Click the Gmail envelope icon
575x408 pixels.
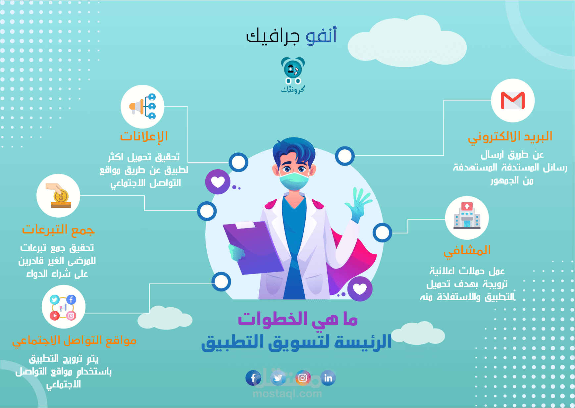pos(513,100)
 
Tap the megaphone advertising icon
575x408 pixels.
pos(142,107)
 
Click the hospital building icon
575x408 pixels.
pos(467,217)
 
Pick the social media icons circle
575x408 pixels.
pos(63,307)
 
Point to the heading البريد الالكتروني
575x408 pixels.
pos(510,136)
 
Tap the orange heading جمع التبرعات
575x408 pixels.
pos(58,229)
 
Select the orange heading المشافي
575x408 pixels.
pos(467,250)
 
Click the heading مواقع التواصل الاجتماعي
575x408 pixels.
pos(74,340)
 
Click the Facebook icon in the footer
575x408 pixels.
pos(253,378)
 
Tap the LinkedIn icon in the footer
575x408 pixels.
pos(328,378)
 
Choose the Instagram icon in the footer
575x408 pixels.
pos(302,378)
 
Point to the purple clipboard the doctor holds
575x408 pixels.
pos(252,247)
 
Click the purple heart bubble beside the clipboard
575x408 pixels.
pos(218,181)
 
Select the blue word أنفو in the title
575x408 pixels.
pos(321,36)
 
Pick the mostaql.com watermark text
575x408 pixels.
pos(287,394)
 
